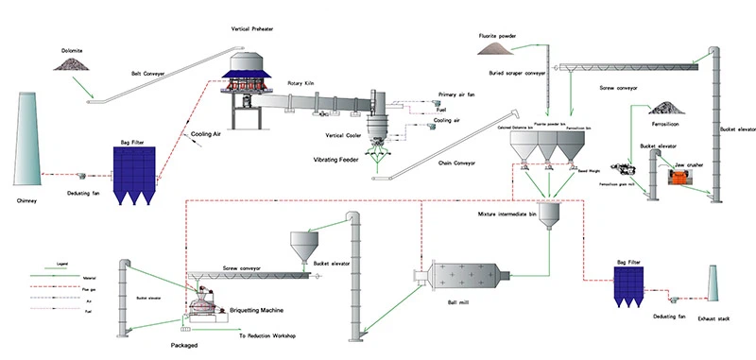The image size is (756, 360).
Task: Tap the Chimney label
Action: (32, 201)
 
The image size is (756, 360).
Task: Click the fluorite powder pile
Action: (499, 46)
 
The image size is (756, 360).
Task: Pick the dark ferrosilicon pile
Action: (665, 107)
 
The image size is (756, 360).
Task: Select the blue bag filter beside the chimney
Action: (140, 180)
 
